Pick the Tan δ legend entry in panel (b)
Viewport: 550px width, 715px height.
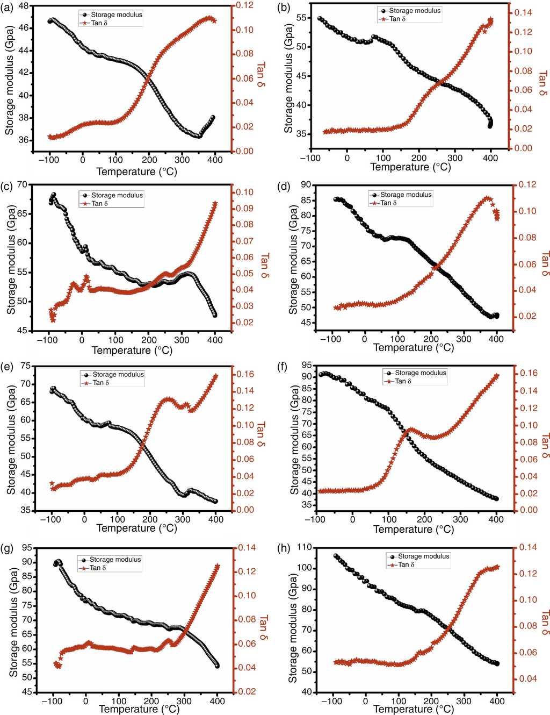(x=394, y=19)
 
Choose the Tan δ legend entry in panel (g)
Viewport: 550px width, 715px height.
(x=97, y=568)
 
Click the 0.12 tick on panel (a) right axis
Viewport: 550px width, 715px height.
(x=245, y=5)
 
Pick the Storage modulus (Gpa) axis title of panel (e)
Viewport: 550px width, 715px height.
(x=11, y=438)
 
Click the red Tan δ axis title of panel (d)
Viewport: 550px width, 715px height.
(x=544, y=264)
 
